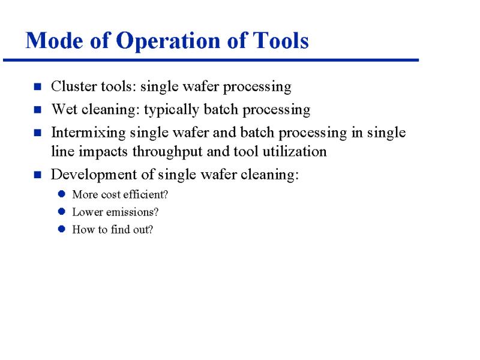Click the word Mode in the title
(54, 40)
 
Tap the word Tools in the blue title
(280, 40)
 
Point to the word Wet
(64, 109)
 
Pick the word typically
(172, 110)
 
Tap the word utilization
(295, 151)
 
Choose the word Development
(94, 175)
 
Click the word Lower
(88, 212)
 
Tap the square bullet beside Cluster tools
(38, 86)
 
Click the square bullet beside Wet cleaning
(38, 110)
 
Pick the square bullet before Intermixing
(38, 133)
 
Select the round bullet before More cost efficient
(62, 194)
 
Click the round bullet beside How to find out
(62, 229)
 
